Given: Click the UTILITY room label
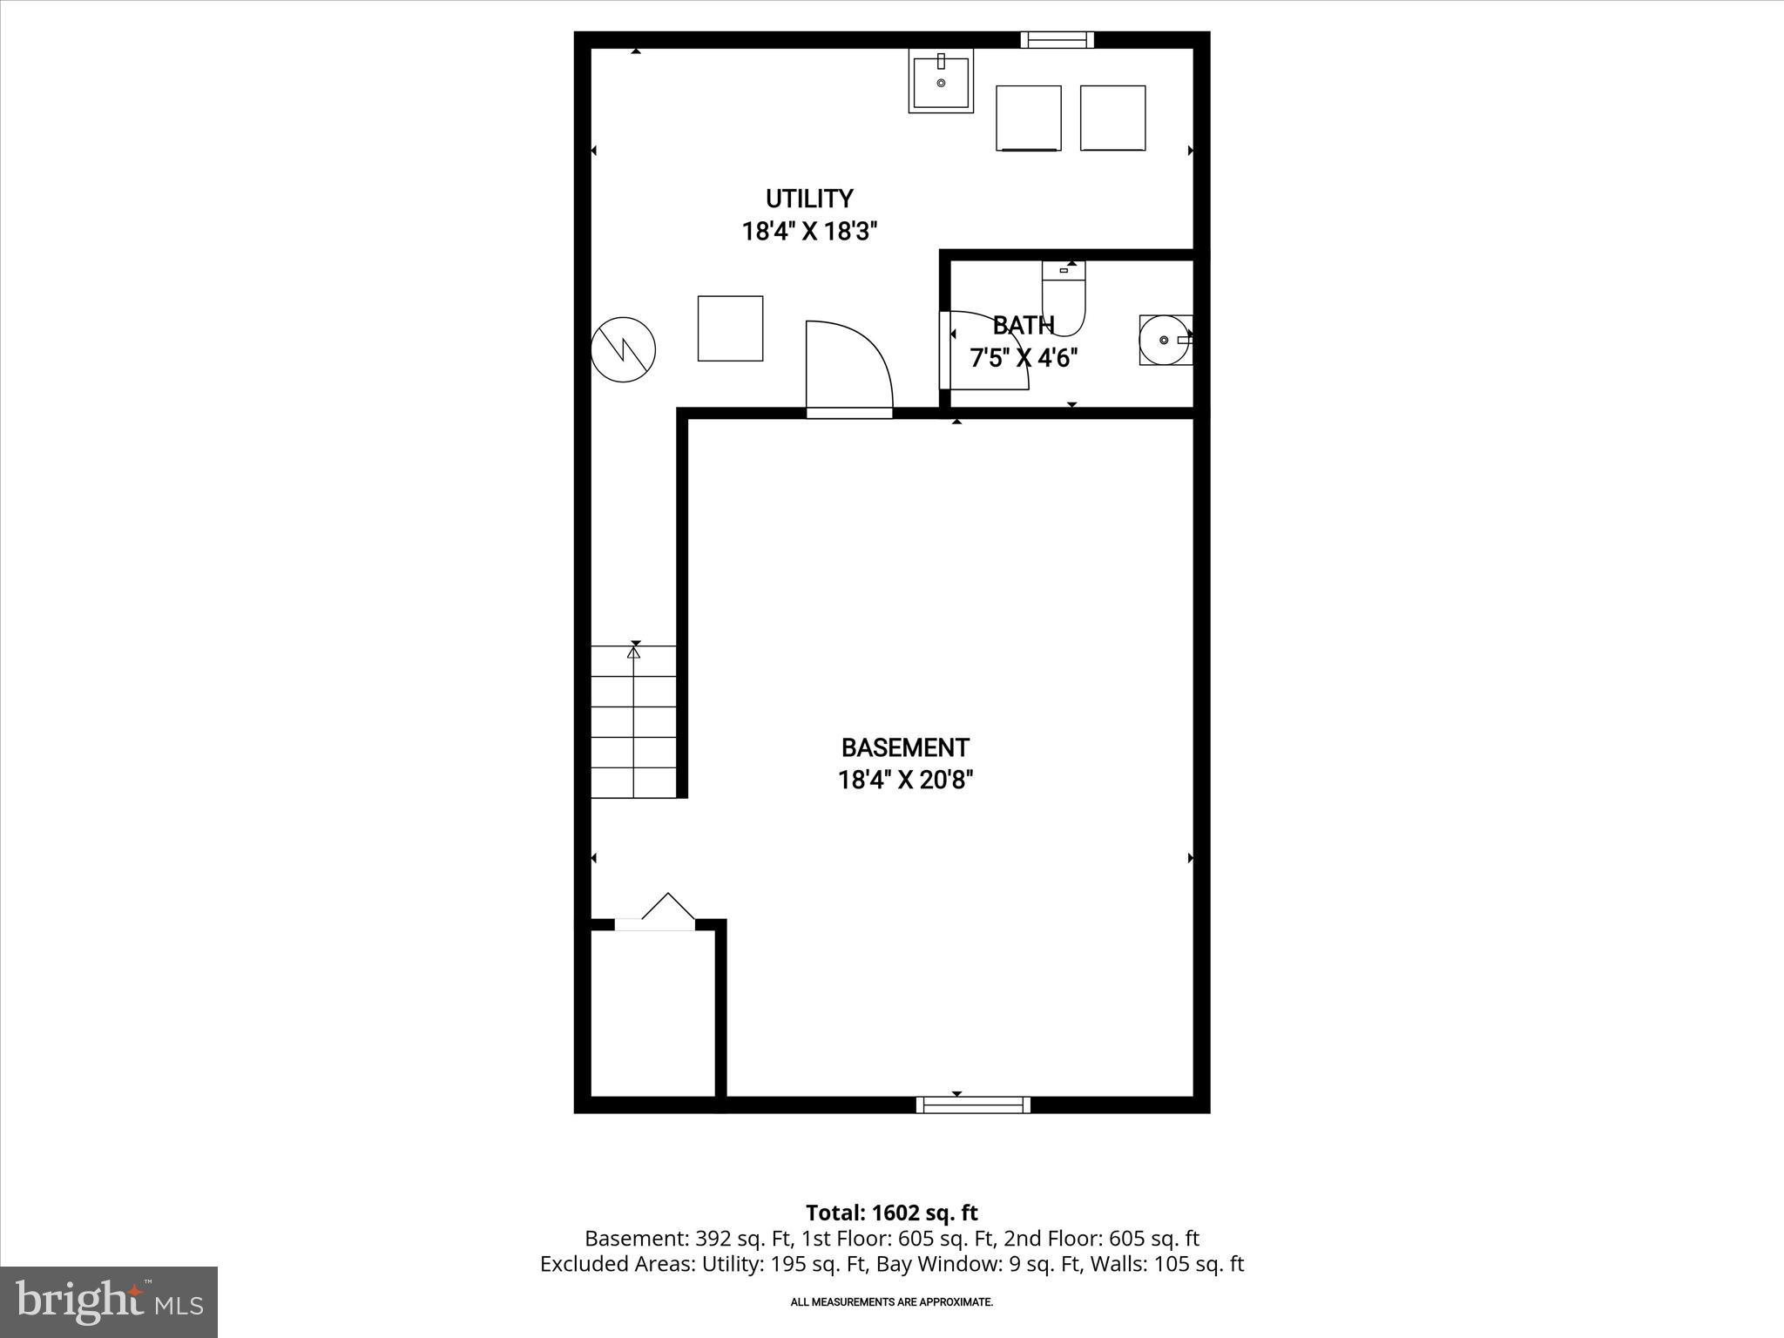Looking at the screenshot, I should point(809,199).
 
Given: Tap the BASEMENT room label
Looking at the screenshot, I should point(904,747).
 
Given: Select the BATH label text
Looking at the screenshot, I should point(1024,325).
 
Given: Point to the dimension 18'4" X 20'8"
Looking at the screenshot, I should point(904,780).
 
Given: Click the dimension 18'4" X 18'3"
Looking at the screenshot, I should point(809,232).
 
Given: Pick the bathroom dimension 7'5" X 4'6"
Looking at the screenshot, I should point(1024,358).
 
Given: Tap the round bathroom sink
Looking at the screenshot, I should point(1164,340).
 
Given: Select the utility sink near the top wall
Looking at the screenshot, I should point(941,81).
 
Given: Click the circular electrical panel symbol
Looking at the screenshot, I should point(623,349).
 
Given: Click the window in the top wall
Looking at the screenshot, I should point(1057,39).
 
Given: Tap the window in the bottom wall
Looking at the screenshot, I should point(973,1105).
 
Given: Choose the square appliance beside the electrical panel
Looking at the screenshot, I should point(730,328).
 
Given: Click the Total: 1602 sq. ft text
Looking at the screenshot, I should point(891,1213).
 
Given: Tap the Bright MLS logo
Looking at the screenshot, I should point(109,1301).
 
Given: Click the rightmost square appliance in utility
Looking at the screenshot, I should point(1112,118).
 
